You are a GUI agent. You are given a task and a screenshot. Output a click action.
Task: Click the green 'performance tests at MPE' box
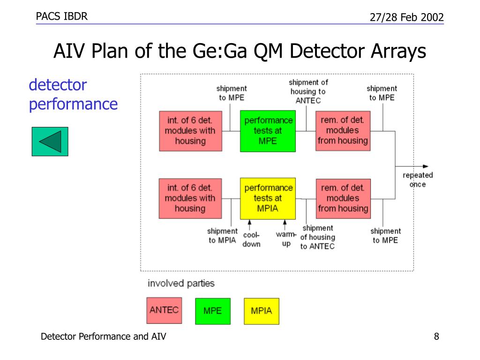click(x=268, y=131)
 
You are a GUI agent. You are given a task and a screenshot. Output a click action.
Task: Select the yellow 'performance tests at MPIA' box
click(x=268, y=199)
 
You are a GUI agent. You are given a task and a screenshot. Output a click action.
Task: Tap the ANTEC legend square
click(x=164, y=310)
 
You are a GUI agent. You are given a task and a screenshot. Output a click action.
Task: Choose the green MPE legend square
click(x=213, y=311)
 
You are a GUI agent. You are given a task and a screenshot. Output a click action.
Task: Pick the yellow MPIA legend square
click(x=262, y=311)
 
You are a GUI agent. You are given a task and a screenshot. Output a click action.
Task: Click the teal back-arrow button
click(x=50, y=142)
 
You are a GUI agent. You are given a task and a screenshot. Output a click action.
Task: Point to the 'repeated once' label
click(x=418, y=180)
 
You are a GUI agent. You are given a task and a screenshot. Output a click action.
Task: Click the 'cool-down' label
click(x=251, y=240)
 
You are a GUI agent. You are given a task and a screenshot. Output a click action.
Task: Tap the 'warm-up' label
click(x=286, y=239)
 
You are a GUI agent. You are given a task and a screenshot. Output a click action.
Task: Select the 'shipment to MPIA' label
click(x=222, y=235)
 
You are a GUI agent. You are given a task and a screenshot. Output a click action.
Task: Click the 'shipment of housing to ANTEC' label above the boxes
click(x=308, y=91)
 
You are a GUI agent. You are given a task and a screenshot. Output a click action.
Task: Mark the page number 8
click(x=436, y=337)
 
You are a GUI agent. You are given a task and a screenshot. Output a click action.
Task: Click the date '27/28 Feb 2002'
click(x=407, y=17)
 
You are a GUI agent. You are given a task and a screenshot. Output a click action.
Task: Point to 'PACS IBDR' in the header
click(x=62, y=16)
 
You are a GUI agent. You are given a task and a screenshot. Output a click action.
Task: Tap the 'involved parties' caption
click(x=181, y=283)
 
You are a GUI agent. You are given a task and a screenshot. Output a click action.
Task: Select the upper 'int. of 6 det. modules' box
click(x=190, y=131)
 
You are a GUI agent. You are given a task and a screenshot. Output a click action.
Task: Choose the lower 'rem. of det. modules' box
click(x=343, y=199)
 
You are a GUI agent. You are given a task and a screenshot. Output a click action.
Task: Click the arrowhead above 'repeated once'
click(x=426, y=166)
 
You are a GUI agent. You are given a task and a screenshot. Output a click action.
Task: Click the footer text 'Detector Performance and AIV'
click(x=104, y=337)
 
